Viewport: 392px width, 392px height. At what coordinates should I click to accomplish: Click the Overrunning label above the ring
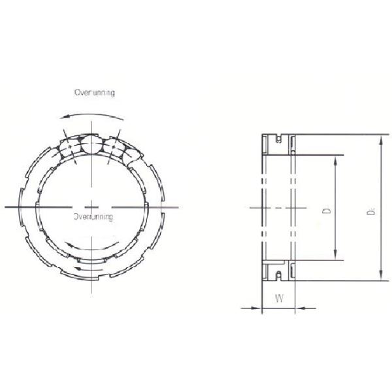click(95, 93)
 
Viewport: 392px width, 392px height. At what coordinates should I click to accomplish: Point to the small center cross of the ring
click(94, 206)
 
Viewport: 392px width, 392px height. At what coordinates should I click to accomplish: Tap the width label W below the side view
click(279, 299)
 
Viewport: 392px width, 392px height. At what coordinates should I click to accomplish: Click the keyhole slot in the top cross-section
click(279, 140)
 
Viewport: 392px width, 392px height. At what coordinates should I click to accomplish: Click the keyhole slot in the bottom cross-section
click(279, 272)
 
